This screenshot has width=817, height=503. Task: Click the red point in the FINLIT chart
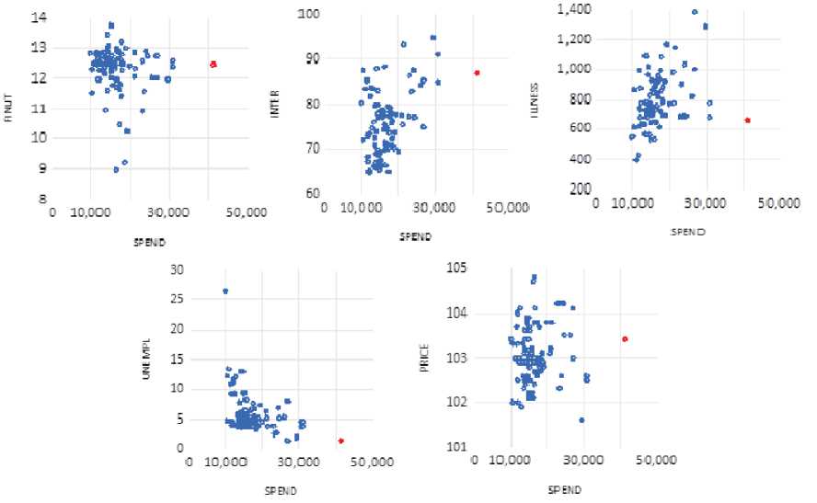213,64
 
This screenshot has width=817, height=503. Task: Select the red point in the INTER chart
478,73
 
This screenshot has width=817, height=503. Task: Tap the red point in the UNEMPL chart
341,441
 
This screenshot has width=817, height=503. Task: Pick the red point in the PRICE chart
626,339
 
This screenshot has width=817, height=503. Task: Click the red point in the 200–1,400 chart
747,120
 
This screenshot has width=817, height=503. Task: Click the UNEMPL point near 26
225,292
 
